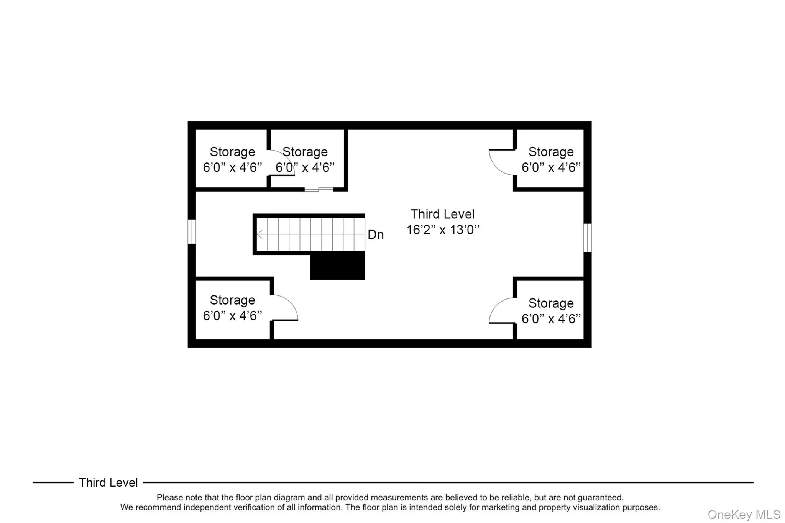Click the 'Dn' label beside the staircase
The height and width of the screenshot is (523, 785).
[x=375, y=234]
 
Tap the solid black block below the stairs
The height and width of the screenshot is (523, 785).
[x=337, y=266]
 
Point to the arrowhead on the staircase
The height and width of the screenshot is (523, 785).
[x=259, y=234]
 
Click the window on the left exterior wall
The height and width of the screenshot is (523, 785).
[x=192, y=231]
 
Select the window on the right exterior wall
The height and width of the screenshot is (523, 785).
[x=587, y=238]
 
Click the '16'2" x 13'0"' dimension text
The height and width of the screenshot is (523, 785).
[x=443, y=230]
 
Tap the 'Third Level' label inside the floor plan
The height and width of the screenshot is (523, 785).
[x=442, y=214]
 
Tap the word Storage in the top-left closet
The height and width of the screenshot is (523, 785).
[x=232, y=152]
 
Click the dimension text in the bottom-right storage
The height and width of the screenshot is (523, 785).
[x=551, y=318]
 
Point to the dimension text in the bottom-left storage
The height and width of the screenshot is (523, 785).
[x=232, y=315]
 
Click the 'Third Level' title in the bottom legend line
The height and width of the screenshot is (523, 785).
[x=108, y=482]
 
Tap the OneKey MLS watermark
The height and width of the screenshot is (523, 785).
[x=744, y=514]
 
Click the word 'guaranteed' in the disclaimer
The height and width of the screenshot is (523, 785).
[x=600, y=497]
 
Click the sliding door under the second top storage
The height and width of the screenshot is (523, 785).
[x=319, y=189]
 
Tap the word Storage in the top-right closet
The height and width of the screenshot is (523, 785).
[x=551, y=152]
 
